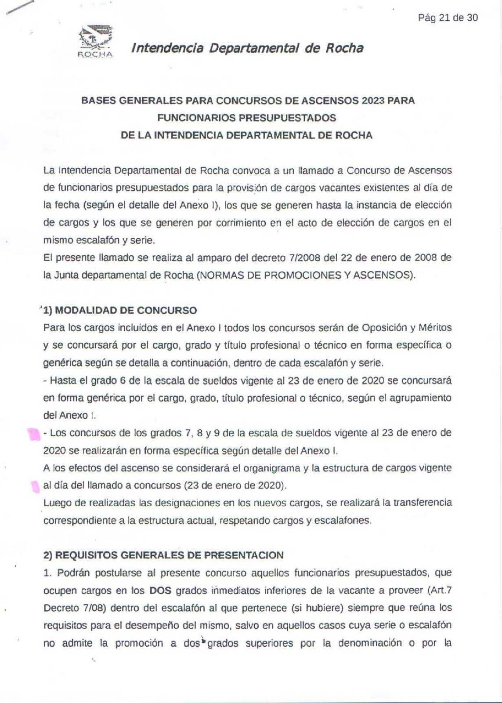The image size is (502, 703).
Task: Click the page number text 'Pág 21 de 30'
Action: pos(448,18)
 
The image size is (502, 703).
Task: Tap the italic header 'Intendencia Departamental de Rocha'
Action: pos(247,48)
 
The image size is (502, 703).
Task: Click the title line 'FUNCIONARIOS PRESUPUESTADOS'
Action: pos(247,118)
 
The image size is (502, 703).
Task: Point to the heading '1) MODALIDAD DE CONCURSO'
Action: pos(120,310)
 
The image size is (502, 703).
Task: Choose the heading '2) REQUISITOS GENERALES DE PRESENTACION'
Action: pos(163,555)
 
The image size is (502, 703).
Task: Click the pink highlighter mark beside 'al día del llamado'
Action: pos(33,487)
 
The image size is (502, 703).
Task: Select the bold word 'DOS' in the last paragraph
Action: pos(160,590)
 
